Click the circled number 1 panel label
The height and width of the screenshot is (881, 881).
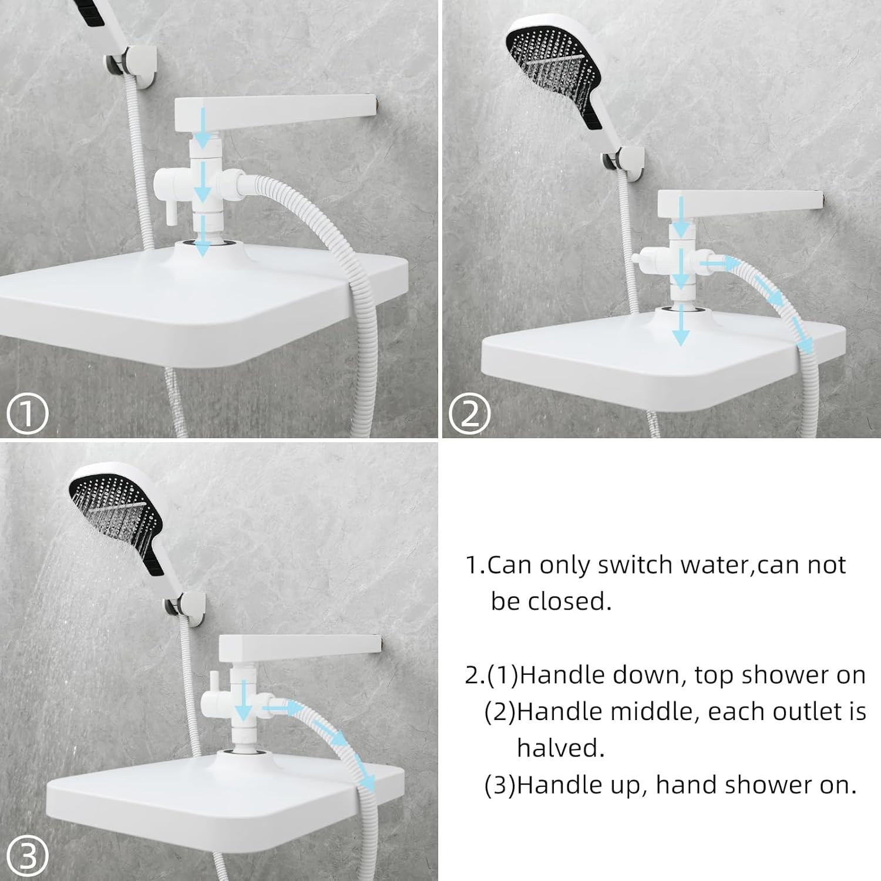[26, 413]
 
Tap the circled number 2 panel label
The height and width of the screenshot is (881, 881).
[469, 413]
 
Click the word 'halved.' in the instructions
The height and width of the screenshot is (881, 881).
[560, 748]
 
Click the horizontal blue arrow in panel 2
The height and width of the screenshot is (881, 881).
[718, 265]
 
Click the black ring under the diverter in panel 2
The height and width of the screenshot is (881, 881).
[681, 310]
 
